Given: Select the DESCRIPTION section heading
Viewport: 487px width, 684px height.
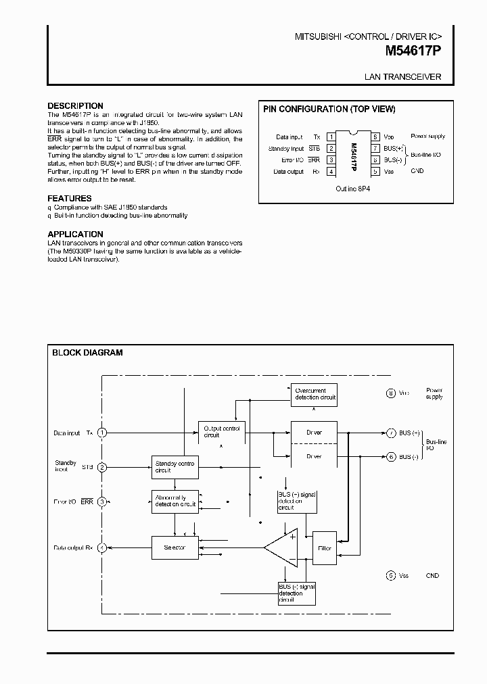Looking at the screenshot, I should tap(75, 106).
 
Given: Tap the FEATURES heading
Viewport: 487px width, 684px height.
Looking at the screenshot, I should tap(68, 198).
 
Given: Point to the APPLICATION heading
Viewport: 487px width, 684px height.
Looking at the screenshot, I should tap(75, 234).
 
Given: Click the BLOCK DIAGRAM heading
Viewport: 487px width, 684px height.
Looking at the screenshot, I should tap(87, 352).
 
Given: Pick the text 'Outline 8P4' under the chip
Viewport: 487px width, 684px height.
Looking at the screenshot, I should tap(352, 189).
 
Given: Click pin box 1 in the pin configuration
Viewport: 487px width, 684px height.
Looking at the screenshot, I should tap(331, 137).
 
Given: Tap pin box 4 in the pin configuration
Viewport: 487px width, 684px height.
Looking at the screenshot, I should tap(331, 172).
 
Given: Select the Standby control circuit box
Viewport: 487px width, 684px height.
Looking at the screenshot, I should tap(175, 466).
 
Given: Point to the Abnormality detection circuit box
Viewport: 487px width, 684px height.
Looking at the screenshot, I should tap(175, 502).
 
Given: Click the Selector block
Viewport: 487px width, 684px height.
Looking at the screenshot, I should tap(175, 547).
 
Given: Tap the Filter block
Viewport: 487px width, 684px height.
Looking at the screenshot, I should tap(324, 548).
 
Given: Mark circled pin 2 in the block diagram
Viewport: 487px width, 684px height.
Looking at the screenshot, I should tap(102, 467).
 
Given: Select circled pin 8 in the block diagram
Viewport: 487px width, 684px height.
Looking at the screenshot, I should tap(390, 393).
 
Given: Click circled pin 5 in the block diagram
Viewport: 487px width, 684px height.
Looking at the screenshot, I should tap(390, 576).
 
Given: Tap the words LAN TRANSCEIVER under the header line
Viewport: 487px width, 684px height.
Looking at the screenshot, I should tap(402, 77).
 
